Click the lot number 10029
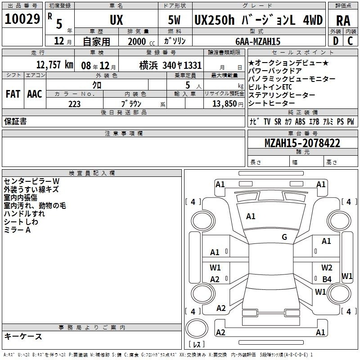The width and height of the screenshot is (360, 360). (22, 19)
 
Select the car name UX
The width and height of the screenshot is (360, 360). (117, 20)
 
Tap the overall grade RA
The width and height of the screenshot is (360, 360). (343, 21)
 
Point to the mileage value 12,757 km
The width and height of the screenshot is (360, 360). (54, 65)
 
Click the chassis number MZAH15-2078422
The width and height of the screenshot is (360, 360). (302, 143)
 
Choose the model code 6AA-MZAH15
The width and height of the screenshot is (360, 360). (258, 41)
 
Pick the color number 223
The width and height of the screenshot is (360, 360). (74, 104)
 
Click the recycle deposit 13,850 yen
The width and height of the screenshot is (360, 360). (228, 104)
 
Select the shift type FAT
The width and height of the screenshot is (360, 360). (13, 94)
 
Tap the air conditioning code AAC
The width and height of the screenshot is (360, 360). (35, 94)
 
